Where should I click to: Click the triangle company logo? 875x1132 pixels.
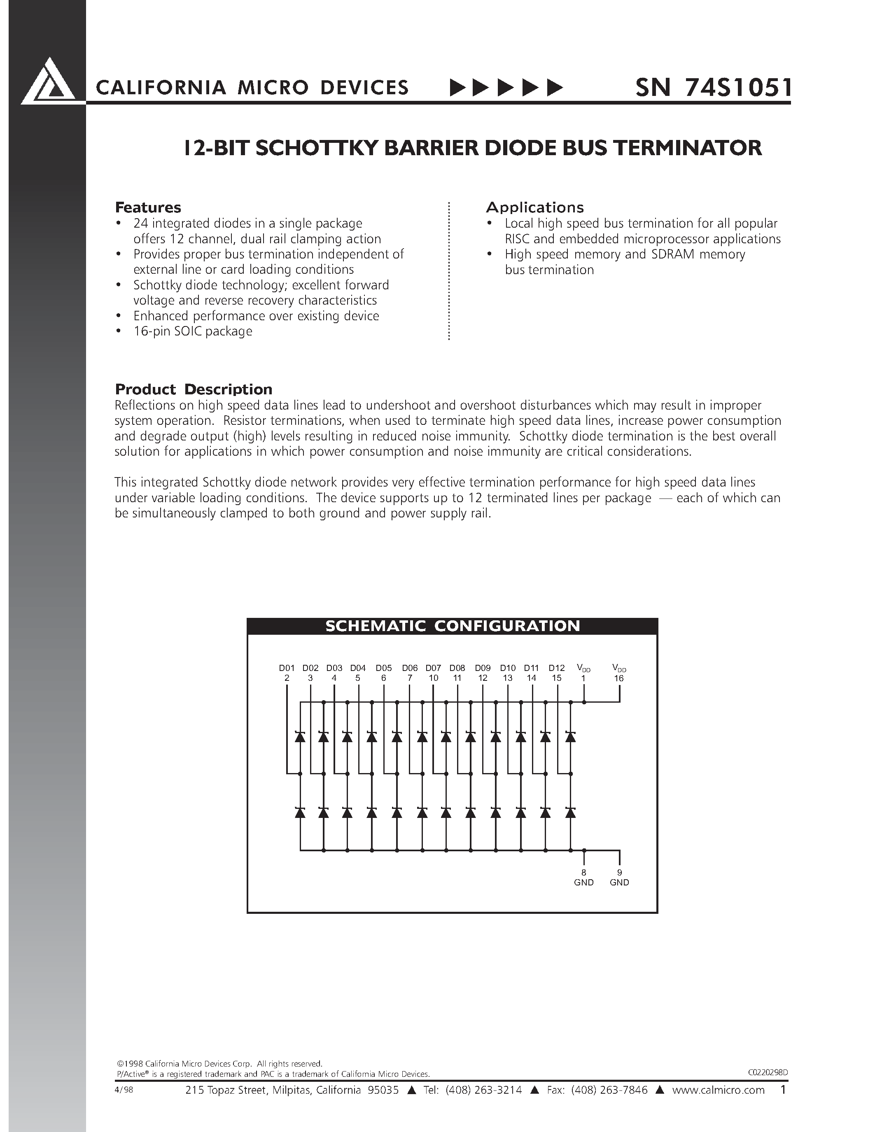48,83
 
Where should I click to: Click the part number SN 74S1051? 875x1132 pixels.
713,88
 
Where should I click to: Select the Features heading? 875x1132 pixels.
148,207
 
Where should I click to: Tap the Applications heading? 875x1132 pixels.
534,207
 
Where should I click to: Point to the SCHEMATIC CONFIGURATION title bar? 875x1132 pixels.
452,626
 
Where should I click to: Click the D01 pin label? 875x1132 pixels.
287,668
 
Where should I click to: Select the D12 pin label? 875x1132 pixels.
557,668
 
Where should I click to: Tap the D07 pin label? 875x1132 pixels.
433,668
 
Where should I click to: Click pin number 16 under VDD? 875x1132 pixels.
619,678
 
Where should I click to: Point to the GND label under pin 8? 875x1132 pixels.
584,882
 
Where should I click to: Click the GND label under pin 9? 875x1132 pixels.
619,882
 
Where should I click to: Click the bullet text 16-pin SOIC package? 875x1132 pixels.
193,331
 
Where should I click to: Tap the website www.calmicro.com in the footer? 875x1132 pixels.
719,1090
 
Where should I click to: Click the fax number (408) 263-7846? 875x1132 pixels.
609,1090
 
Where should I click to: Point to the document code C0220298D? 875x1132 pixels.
768,1072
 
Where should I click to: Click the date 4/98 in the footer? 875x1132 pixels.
124,1090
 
